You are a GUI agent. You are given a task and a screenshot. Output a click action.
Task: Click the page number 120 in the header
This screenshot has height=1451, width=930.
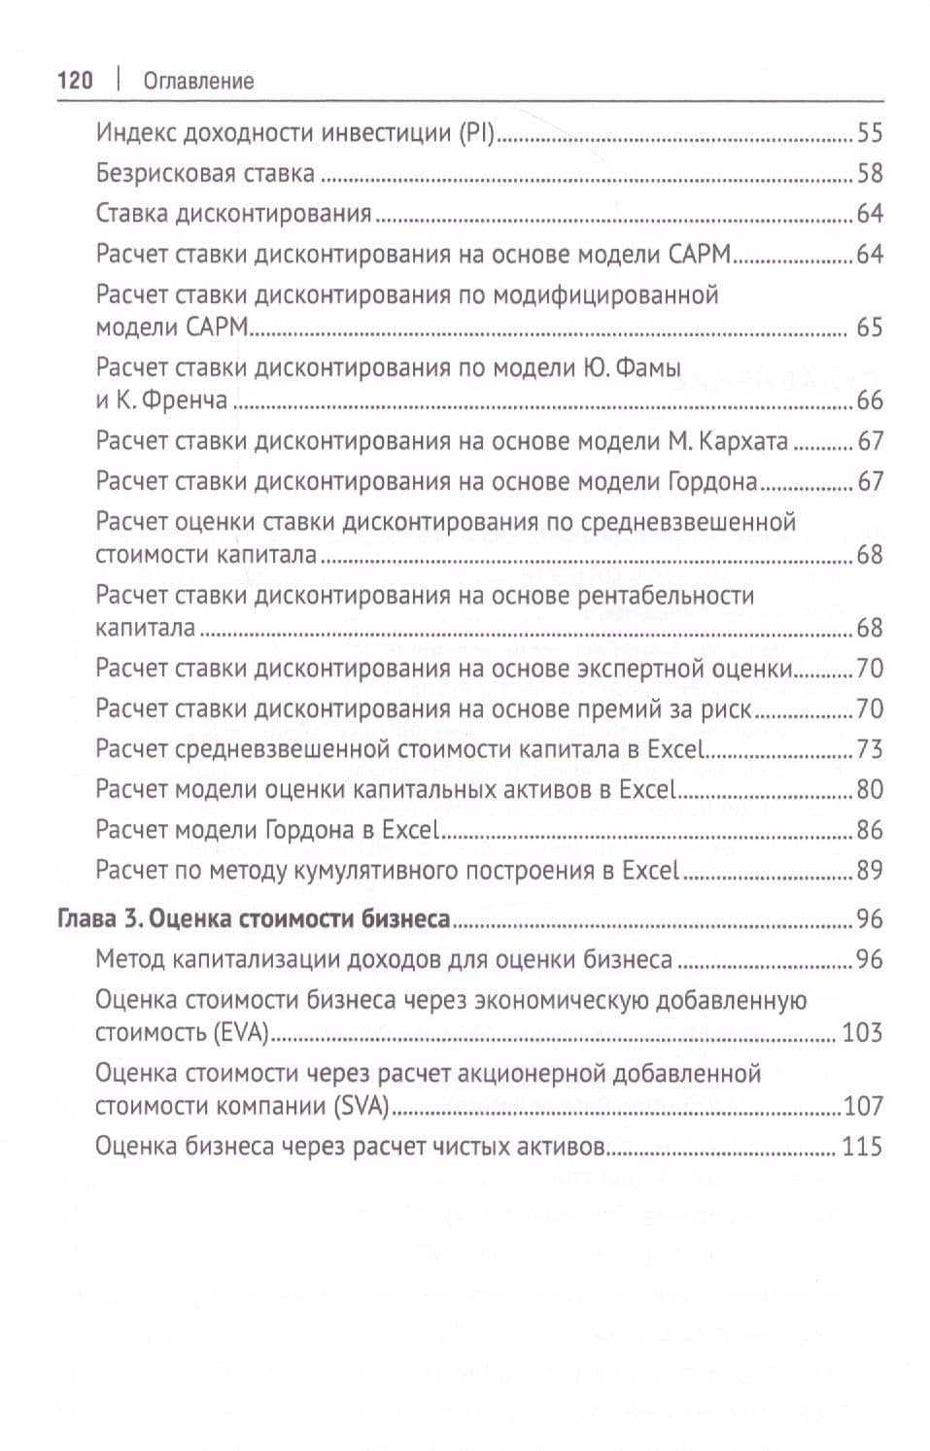click(75, 81)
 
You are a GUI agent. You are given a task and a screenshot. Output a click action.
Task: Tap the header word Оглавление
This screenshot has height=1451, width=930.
click(198, 82)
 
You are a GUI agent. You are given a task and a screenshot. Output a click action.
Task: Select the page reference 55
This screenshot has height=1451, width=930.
click(869, 133)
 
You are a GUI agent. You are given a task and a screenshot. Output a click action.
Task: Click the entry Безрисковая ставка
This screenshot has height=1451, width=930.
click(205, 174)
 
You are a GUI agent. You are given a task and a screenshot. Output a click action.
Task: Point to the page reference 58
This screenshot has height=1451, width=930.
click(869, 174)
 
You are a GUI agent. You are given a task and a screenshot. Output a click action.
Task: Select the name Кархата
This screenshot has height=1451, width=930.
click(743, 441)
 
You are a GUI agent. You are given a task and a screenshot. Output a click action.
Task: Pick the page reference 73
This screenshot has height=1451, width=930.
click(869, 749)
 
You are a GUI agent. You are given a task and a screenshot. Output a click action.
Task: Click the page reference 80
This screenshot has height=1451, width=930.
click(869, 790)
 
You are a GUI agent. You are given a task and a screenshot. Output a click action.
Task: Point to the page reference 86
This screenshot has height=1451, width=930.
click(869, 831)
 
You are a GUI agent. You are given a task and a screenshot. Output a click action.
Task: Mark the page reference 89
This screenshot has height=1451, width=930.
click(869, 871)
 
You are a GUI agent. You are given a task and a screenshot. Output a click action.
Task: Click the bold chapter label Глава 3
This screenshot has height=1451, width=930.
click(100, 919)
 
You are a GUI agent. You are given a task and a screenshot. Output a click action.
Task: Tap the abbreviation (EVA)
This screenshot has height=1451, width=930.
click(239, 1033)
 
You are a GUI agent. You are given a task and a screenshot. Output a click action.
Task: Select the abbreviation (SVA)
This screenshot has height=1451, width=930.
click(361, 1106)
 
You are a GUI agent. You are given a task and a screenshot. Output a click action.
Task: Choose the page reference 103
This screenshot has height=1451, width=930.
click(862, 1033)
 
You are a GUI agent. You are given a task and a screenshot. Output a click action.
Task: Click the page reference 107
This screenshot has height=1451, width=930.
click(863, 1106)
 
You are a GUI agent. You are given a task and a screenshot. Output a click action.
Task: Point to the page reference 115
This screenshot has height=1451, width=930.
click(862, 1147)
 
